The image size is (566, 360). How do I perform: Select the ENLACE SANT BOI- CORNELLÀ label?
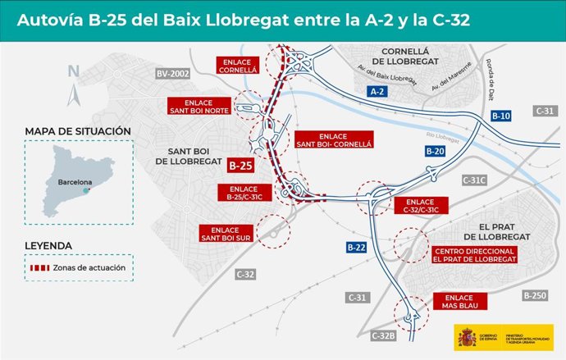(333, 139)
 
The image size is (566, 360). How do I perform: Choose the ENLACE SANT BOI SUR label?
(224, 234)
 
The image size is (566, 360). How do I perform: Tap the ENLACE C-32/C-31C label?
(421, 206)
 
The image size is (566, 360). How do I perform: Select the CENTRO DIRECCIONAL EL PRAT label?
(475, 254)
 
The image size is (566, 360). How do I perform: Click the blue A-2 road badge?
(377, 92)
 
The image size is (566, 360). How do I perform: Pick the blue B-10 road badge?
(500, 116)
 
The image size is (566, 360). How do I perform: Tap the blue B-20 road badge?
(435, 151)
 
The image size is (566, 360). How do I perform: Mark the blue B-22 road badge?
(356, 247)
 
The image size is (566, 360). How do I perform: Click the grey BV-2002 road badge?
(172, 75)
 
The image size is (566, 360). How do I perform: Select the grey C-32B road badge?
(383, 335)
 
